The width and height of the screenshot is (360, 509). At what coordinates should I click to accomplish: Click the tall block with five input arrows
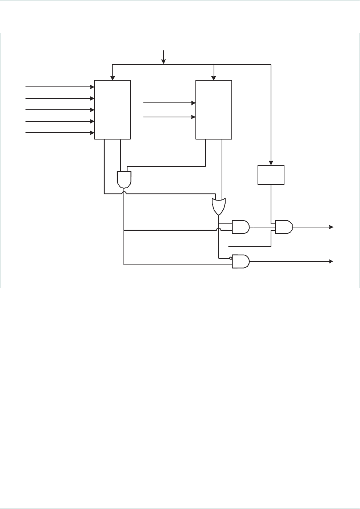(x=112, y=109)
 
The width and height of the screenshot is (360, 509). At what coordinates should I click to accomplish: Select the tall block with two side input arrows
(x=214, y=109)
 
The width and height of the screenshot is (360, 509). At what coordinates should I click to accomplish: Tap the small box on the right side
(x=271, y=175)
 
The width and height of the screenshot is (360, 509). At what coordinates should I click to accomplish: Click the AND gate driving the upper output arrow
(x=284, y=227)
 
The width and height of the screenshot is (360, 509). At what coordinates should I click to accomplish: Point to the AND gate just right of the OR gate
(x=240, y=227)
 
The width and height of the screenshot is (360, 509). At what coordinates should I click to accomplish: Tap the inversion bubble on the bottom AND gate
(x=231, y=258)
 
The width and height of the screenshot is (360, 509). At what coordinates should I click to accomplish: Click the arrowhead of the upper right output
(x=331, y=227)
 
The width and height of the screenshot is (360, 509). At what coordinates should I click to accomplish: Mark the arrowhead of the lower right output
(x=331, y=261)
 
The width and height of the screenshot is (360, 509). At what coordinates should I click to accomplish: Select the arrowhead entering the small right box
(x=271, y=163)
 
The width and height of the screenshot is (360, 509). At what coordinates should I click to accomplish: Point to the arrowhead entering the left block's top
(x=113, y=78)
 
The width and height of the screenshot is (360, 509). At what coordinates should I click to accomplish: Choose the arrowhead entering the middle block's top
(x=214, y=78)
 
